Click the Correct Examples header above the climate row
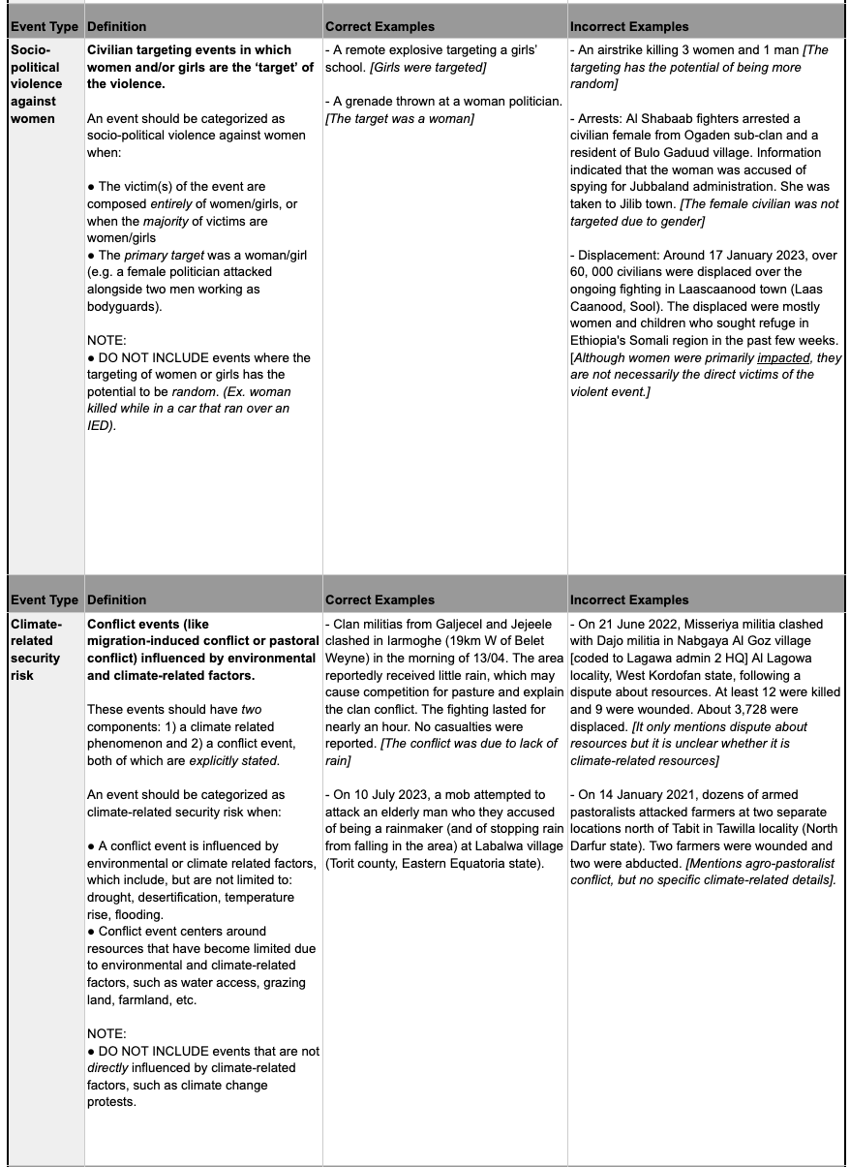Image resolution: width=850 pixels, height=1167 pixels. pyautogui.click(x=379, y=599)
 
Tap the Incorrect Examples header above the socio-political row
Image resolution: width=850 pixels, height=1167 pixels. pyautogui.click(x=629, y=26)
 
